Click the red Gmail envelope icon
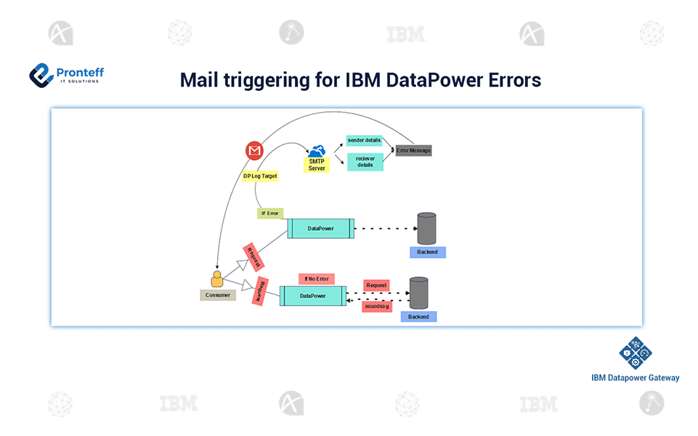point(253,151)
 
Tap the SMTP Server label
point(317,165)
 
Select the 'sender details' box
point(364,140)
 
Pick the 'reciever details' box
point(365,161)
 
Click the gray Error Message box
point(413,150)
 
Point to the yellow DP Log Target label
point(260,176)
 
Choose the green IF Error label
point(270,214)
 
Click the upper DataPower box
point(320,228)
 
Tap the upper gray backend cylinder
point(426,228)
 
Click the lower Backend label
point(418,317)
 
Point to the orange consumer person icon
point(216,280)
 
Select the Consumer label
point(218,295)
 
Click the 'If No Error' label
point(317,279)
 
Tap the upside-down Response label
point(376,307)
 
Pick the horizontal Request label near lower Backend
point(376,286)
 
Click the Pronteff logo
point(66,74)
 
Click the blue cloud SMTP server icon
point(317,150)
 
